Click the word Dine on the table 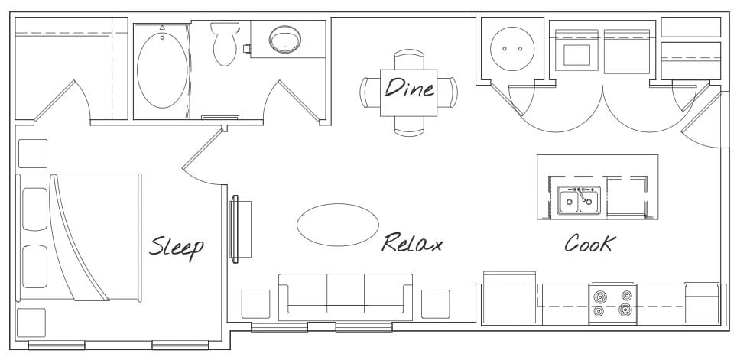coord(408,89)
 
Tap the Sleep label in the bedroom coord(177,246)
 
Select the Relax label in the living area coord(412,244)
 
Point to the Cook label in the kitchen coord(589,243)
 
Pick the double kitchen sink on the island coord(579,201)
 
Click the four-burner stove coord(612,302)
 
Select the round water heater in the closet coord(512,48)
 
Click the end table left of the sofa coord(255,303)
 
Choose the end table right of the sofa coord(436,303)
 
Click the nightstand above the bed coord(33,153)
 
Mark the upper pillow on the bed coord(35,209)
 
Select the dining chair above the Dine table coord(408,60)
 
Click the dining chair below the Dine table coord(408,126)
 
